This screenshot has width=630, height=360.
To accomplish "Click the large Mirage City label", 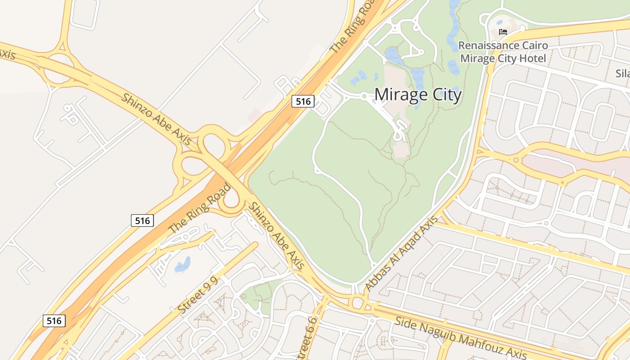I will pos(418,95).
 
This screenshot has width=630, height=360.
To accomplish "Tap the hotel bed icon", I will pos(503,32).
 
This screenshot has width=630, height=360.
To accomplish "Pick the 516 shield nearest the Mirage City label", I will pos(303,101).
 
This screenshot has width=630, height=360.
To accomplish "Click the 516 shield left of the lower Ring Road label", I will pos(143,220).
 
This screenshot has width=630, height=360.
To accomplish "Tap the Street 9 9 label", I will pos(198,296).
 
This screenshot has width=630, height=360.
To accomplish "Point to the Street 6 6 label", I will pos(307,340).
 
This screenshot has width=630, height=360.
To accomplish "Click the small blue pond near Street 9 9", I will pos(183,264).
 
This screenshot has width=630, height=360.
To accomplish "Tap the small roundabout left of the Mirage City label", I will pos(364,96).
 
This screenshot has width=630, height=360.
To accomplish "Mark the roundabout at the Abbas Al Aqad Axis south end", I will pos(358,301).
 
